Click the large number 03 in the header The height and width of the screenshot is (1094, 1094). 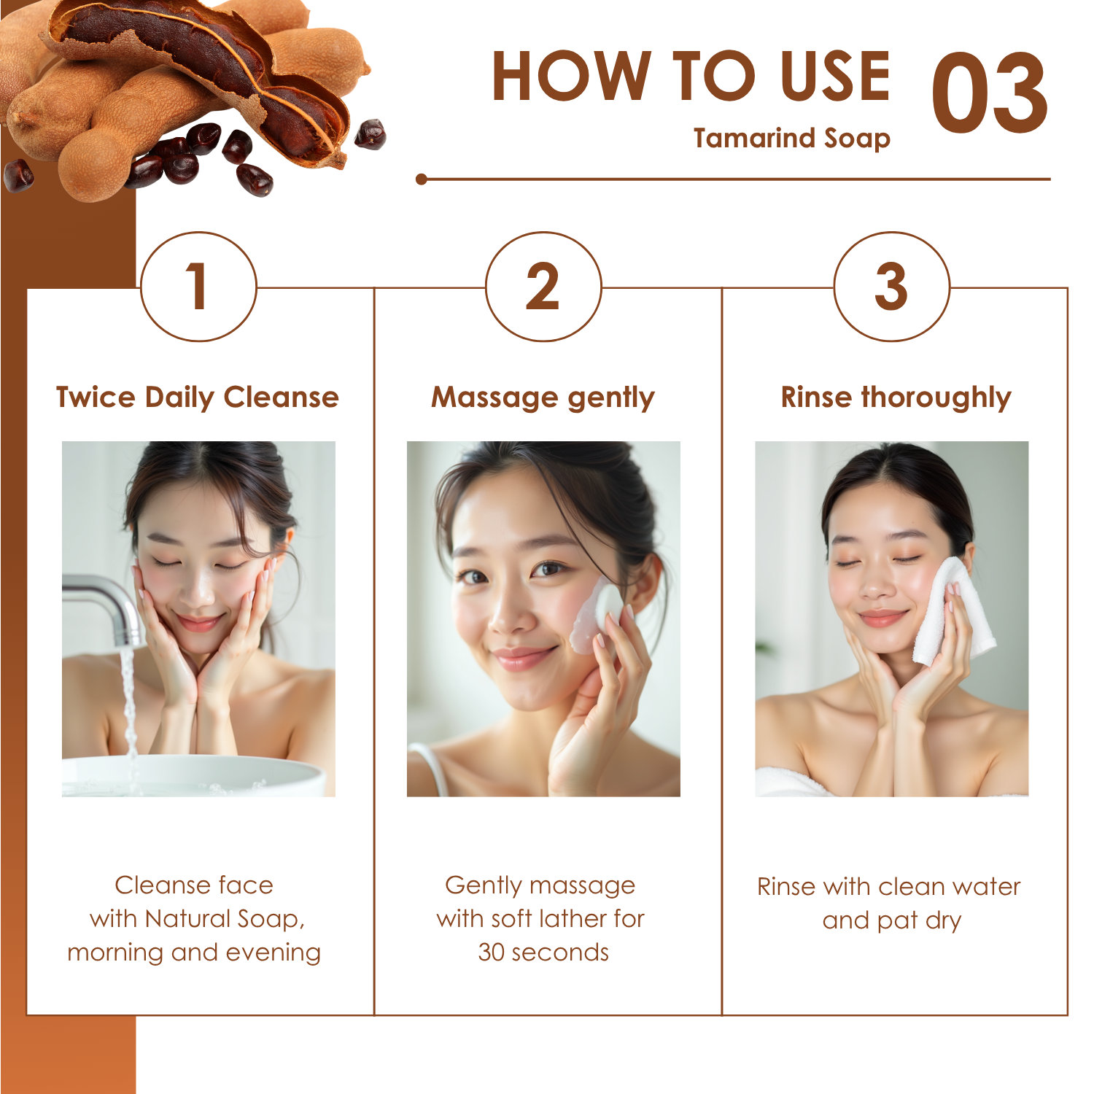[990, 93]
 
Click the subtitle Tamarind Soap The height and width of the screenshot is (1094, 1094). [792, 138]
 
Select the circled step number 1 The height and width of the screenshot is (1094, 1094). [198, 287]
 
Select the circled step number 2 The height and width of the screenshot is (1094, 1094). [543, 287]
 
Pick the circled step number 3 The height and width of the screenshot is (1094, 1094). [891, 287]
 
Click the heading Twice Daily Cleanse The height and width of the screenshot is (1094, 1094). [198, 397]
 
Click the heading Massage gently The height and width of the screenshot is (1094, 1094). [543, 398]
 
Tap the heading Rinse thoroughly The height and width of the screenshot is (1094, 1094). [896, 398]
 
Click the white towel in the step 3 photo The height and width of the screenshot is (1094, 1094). [952, 611]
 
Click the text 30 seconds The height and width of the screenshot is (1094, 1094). [543, 952]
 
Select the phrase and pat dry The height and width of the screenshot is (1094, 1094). [891, 921]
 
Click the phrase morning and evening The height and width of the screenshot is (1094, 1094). [194, 953]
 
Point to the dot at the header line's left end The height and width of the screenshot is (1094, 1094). [422, 179]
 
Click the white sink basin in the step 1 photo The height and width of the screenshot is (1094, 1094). [193, 775]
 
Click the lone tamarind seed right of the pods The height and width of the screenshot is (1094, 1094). [371, 134]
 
